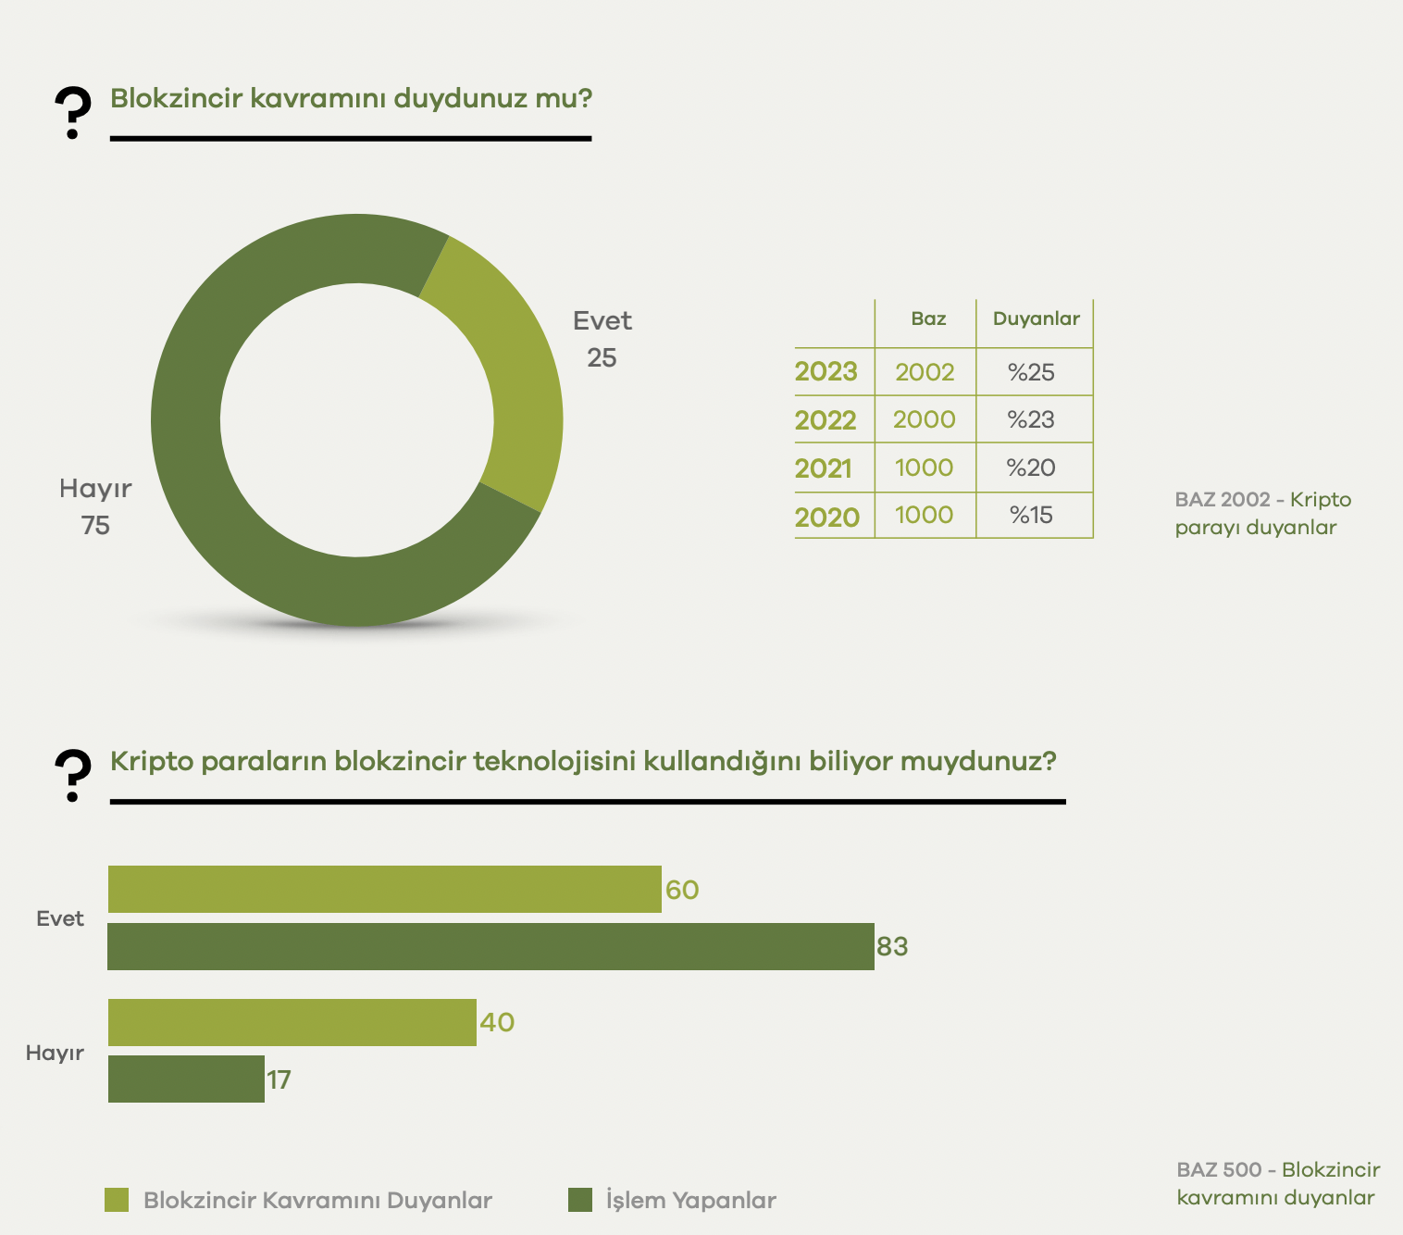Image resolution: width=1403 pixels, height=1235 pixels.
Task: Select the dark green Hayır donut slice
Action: [231, 518]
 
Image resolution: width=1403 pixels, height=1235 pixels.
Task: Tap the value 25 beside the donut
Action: [602, 358]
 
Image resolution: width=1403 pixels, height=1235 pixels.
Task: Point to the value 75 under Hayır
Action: [95, 526]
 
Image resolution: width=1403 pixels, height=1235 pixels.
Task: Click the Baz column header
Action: [928, 319]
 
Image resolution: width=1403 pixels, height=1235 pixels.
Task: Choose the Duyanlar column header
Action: [1036, 319]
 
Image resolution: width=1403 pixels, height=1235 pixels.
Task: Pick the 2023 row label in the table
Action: [826, 372]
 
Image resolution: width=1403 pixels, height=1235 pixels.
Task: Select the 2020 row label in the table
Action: [826, 518]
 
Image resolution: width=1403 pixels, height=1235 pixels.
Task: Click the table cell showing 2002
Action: [925, 372]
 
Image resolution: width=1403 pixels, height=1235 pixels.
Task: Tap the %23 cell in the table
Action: [1031, 420]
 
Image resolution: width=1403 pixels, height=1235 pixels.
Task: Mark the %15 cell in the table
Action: [1031, 516]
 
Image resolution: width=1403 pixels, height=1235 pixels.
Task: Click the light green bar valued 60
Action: [384, 890]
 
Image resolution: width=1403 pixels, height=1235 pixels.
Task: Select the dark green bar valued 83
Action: [490, 947]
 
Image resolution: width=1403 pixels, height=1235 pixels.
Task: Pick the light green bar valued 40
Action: [292, 1023]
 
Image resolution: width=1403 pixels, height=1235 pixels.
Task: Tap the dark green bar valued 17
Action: [186, 1079]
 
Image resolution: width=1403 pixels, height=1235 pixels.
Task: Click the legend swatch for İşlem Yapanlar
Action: [580, 1200]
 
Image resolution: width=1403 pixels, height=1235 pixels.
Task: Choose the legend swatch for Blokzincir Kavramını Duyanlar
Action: [118, 1200]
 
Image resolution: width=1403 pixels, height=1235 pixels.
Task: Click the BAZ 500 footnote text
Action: [1277, 1184]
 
